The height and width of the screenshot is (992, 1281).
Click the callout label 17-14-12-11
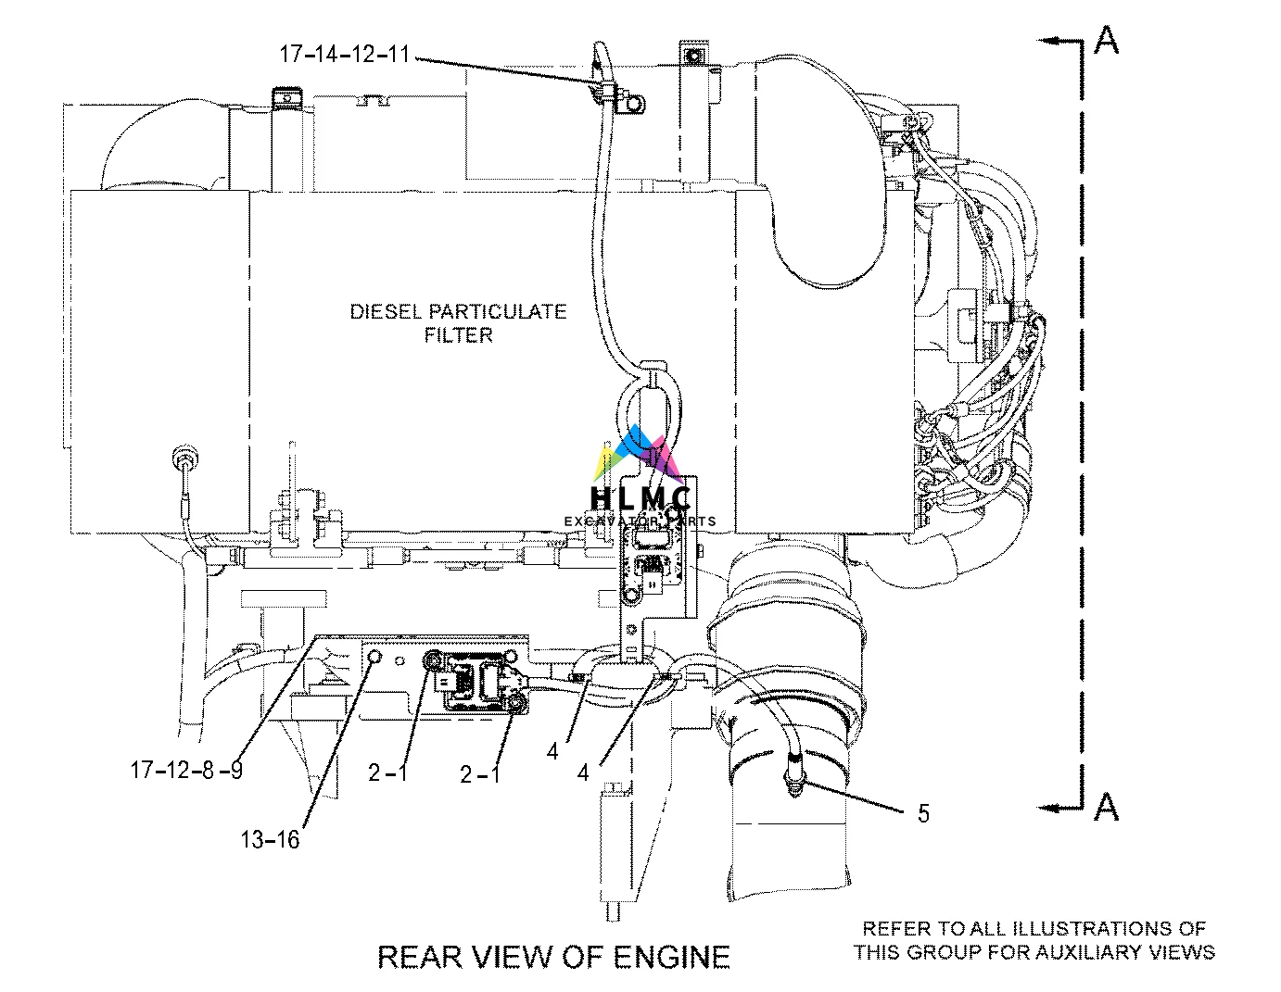coord(344,54)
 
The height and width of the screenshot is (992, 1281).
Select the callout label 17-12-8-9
coord(186,769)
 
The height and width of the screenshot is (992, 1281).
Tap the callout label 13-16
coord(270,839)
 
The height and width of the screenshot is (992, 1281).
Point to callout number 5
coord(922,813)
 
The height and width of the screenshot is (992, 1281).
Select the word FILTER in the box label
coord(458,335)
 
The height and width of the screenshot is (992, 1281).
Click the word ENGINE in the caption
coord(670,956)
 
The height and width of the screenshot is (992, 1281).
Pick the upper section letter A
coord(1106,41)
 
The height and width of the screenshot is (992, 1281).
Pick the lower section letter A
coord(1106,808)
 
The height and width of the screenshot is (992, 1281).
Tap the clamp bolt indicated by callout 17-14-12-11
coord(636,104)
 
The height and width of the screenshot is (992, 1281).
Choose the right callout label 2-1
coord(479,772)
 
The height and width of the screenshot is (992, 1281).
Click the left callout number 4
coord(552,751)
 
